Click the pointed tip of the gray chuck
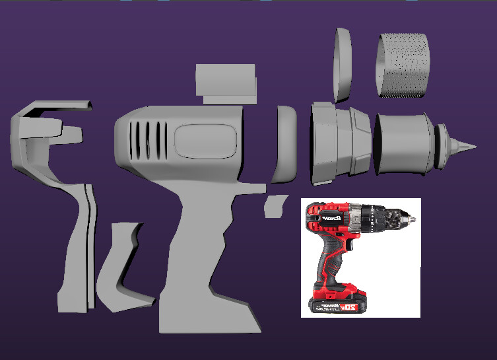471,145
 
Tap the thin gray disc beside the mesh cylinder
343,65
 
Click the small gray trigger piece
271,206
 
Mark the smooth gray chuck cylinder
403,145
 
